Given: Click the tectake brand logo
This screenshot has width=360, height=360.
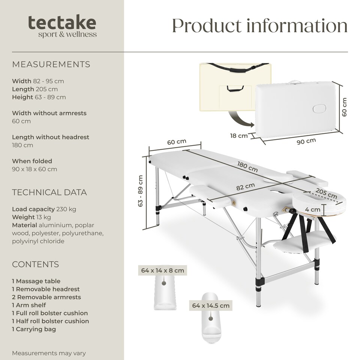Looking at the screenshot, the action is pyautogui.click(x=62, y=26).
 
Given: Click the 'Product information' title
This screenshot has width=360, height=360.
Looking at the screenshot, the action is pyautogui.click(x=259, y=25).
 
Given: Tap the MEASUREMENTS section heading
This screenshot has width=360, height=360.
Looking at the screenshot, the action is pyautogui.click(x=51, y=64).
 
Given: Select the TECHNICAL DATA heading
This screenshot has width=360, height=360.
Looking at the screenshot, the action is pyautogui.click(x=49, y=192).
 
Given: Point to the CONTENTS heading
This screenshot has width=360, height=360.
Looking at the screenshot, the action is pyautogui.click(x=35, y=264).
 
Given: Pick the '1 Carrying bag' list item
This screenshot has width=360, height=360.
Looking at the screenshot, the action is pyautogui.click(x=34, y=329).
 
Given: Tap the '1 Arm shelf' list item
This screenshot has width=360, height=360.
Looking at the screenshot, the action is pyautogui.click(x=29, y=305).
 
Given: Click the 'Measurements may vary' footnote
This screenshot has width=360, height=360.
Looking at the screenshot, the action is pyautogui.click(x=49, y=353).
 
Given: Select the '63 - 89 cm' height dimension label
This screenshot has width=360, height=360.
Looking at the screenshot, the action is pyautogui.click(x=141, y=191).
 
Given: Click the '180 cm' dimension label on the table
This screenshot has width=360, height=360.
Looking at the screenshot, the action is pyautogui.click(x=247, y=167).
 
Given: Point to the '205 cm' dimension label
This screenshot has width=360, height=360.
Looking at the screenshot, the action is pyautogui.click(x=326, y=193).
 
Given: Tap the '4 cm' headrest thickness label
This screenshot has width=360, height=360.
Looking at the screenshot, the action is pyautogui.click(x=312, y=210).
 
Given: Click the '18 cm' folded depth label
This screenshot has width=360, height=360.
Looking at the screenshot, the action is pyautogui.click(x=239, y=136).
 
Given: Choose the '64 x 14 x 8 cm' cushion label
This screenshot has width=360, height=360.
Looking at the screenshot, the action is pyautogui.click(x=162, y=270).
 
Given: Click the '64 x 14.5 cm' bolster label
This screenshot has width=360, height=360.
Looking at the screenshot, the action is pyautogui.click(x=211, y=306).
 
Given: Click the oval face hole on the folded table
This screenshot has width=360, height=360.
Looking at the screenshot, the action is pyautogui.click(x=319, y=108).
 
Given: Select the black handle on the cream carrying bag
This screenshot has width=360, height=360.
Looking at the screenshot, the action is pyautogui.click(x=235, y=88).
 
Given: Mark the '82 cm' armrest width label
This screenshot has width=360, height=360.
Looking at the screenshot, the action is pyautogui.click(x=245, y=187).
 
